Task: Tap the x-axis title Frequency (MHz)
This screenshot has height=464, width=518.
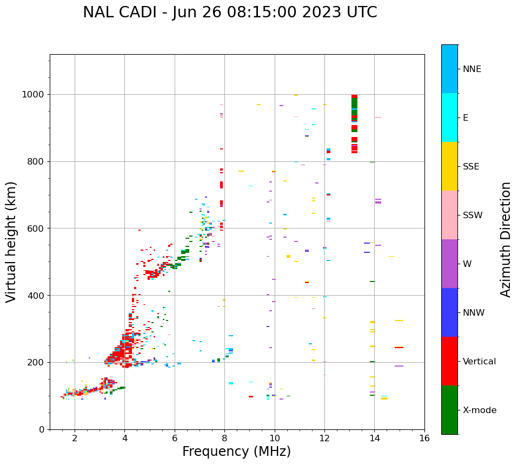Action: tap(236, 452)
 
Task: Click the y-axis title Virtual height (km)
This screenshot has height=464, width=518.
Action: tap(11, 241)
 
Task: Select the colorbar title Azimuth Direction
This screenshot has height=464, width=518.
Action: tap(506, 239)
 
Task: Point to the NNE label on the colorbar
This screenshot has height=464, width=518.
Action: tap(471, 69)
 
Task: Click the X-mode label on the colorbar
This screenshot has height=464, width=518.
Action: tap(479, 410)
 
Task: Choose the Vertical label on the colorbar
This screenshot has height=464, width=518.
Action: tap(479, 362)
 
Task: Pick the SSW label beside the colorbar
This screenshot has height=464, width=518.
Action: tap(473, 215)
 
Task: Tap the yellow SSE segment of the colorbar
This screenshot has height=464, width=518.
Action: tap(449, 166)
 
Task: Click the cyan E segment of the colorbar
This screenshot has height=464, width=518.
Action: tap(449, 117)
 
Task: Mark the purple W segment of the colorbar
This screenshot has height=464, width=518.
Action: tap(449, 264)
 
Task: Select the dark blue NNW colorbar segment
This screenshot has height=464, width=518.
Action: tap(449, 312)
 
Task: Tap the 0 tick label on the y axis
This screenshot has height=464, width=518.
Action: tap(42, 429)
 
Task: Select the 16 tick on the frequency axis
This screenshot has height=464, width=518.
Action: tap(424, 438)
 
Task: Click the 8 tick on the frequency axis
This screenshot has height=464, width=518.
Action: tap(224, 438)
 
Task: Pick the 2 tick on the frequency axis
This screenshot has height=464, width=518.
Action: tap(75, 438)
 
